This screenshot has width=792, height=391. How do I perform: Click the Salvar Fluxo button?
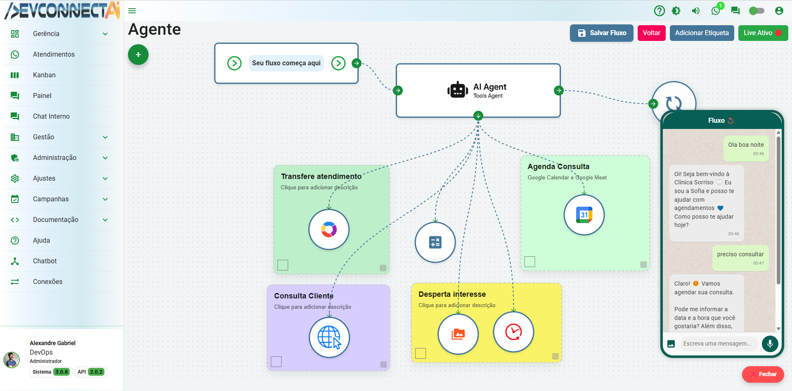tap(601, 33)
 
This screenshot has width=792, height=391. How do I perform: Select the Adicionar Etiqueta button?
tap(702, 33)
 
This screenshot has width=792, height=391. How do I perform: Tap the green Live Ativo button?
tap(762, 33)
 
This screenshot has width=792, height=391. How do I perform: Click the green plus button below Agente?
tap(138, 55)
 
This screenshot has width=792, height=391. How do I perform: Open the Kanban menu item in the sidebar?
tap(44, 75)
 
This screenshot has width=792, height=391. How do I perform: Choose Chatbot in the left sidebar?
tap(45, 261)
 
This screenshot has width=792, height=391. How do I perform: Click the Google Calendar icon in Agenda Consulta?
tap(584, 215)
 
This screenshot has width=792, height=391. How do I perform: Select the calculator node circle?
tap(435, 242)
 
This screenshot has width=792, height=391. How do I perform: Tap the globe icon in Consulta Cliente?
tap(329, 337)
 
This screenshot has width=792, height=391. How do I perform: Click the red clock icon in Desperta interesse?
tap(513, 332)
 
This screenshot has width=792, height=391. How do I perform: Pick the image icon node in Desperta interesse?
tap(458, 334)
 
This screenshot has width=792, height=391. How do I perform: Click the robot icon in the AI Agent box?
tap(457, 90)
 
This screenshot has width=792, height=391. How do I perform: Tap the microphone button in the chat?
tap(770, 343)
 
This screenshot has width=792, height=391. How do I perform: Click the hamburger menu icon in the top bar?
tap(132, 11)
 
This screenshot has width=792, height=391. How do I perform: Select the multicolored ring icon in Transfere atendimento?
tap(329, 229)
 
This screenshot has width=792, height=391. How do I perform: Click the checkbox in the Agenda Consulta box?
tap(530, 262)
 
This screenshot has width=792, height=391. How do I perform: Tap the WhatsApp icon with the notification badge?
tap(716, 11)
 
